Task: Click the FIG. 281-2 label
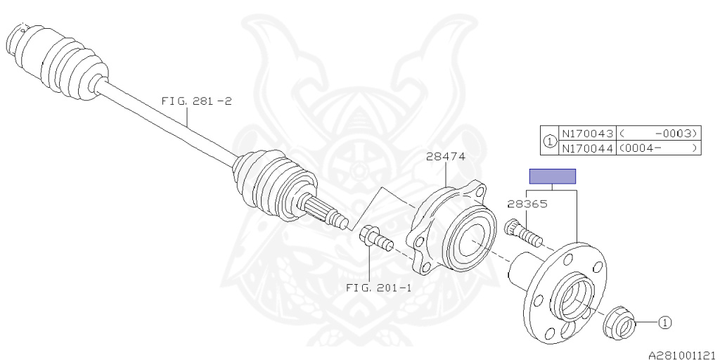[196, 101]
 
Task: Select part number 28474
[445, 156]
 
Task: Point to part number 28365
[527, 205]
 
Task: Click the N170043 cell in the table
[587, 134]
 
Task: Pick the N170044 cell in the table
[587, 148]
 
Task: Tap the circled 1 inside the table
[549, 141]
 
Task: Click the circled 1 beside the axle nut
[665, 323]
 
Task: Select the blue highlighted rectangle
[552, 176]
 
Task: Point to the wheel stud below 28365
[522, 233]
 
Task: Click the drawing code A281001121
[681, 355]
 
